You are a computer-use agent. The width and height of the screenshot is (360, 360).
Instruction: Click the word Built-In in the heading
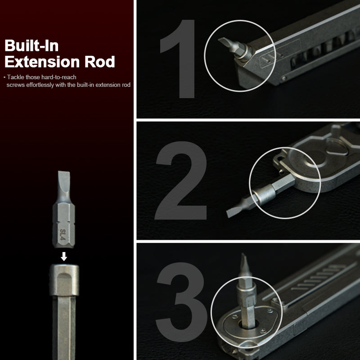click(x=31, y=45)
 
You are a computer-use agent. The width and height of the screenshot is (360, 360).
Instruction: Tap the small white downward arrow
click(x=64, y=256)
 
